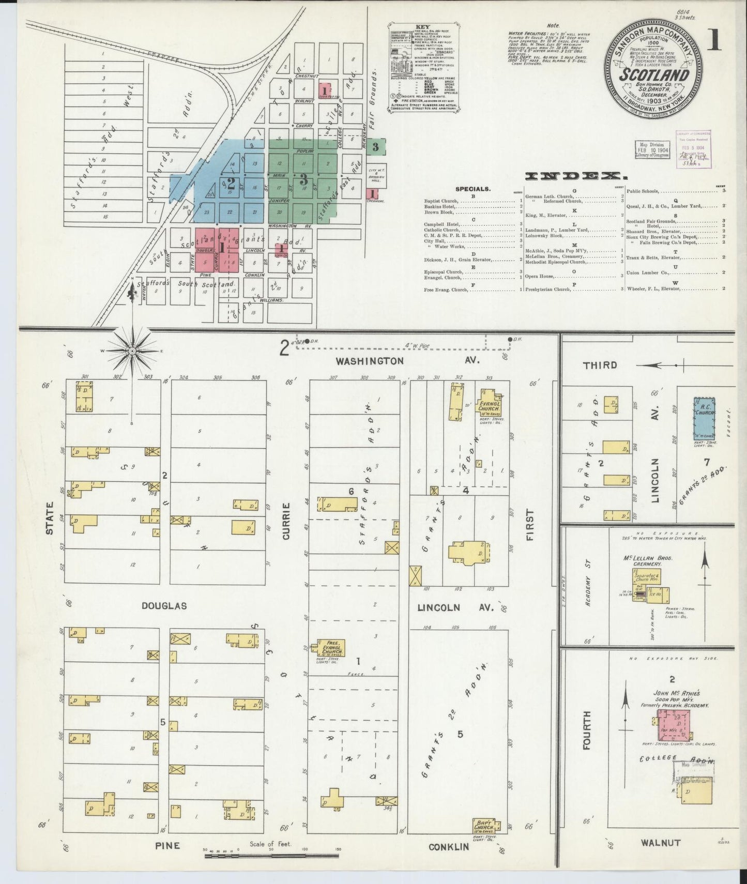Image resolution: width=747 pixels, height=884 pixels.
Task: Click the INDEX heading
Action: [573, 176]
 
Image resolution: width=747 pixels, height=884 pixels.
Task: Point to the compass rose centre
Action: [132, 351]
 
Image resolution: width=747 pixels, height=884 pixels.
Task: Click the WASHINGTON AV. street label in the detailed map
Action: [408, 360]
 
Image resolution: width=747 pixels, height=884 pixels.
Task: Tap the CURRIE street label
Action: [286, 521]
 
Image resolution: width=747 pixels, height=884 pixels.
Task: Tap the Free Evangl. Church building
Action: [330, 648]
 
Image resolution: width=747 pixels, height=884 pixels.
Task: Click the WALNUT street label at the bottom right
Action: [661, 843]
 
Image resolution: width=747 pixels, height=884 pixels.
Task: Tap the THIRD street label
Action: [600, 365]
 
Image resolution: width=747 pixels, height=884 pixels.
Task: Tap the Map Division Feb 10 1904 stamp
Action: [651, 149]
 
